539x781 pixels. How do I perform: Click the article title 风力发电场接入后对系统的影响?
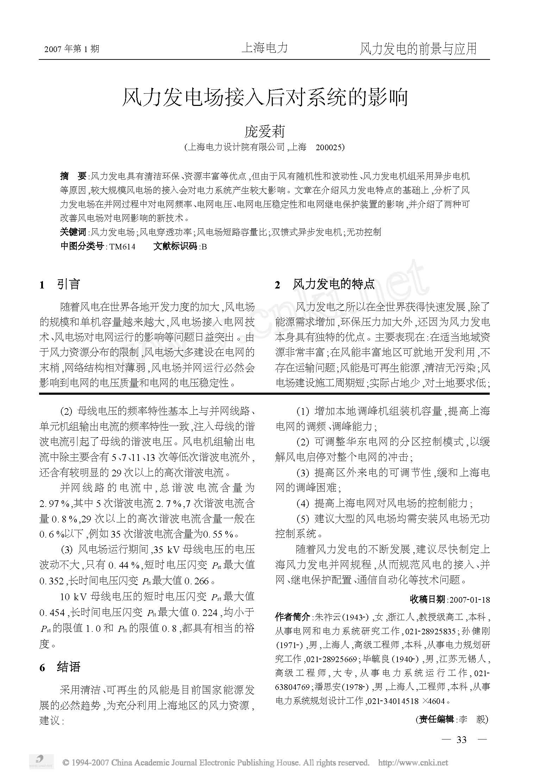coord(264,97)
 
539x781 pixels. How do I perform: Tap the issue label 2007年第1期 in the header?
coord(72,49)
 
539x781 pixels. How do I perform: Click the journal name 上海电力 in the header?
coord(264,48)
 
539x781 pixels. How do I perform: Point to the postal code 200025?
coord(330,147)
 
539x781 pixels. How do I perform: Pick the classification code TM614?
coord(122,247)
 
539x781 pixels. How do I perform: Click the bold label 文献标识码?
coord(175,246)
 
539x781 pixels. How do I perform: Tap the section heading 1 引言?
coord(60,285)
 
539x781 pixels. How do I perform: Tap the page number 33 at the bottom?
coord(461,739)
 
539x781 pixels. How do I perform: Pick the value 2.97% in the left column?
coord(54,503)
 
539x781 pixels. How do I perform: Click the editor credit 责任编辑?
coord(435,719)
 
